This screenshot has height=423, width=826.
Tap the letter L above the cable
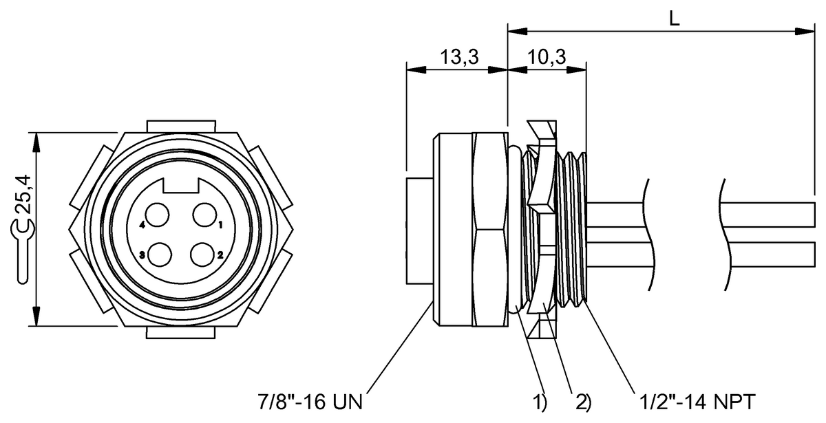675,19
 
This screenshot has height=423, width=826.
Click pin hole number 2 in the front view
204,254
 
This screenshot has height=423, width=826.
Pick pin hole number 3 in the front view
162,254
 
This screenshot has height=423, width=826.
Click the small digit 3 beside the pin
142,255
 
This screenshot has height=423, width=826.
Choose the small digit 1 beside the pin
220,225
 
